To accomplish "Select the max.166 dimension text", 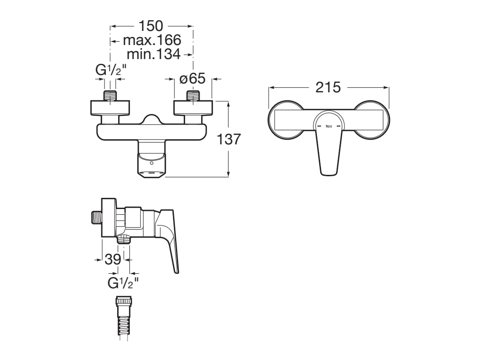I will (x=152, y=40).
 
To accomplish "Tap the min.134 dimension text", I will (x=153, y=54).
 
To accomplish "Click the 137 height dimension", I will (x=229, y=139).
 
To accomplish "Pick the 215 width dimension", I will (x=328, y=87).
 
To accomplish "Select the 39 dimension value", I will (x=113, y=259).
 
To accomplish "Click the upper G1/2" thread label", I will (x=111, y=70).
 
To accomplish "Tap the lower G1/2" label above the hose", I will (x=123, y=283).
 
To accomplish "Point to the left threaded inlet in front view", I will (x=110, y=96).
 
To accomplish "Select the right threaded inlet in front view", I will (x=193, y=96).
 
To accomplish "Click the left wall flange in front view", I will (x=109, y=108).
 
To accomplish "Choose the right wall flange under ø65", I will (x=193, y=108).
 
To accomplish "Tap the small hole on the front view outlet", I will (x=151, y=164).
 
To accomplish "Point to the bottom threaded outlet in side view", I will (x=124, y=240).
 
